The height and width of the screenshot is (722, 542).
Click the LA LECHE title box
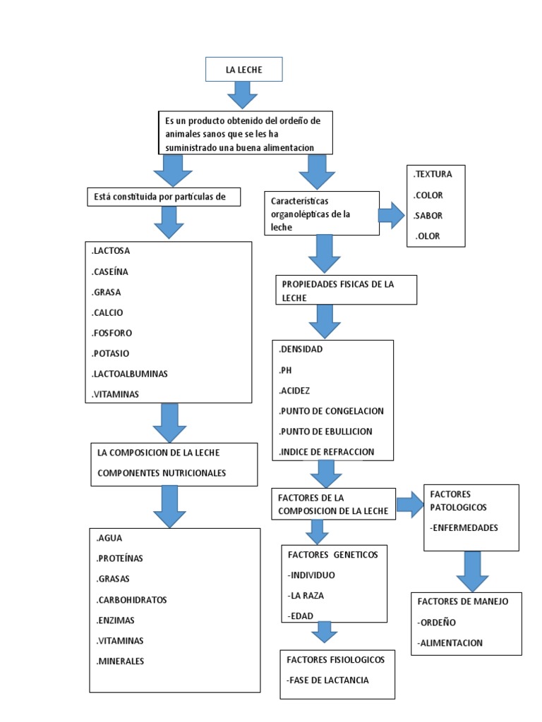[x=244, y=70]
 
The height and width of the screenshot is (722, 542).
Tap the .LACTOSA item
[x=111, y=251]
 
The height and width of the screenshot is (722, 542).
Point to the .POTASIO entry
[x=111, y=353]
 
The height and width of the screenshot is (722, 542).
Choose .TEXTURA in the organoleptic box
[x=433, y=174]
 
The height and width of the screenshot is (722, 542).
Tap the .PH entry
[x=286, y=369]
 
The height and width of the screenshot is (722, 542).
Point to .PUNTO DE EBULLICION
[x=326, y=431]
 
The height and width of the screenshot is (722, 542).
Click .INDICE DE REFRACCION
[x=327, y=452]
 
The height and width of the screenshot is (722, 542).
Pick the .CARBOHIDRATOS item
[x=131, y=600]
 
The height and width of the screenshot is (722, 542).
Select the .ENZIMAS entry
[x=116, y=620]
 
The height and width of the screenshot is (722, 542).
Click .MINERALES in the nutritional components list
[x=121, y=661]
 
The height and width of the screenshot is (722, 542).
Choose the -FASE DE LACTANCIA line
[x=328, y=680]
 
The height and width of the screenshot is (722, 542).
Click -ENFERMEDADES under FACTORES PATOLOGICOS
[x=464, y=527]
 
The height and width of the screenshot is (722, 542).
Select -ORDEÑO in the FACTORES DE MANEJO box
[x=437, y=623]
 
